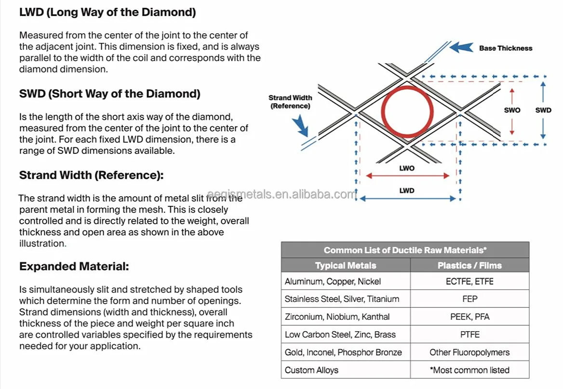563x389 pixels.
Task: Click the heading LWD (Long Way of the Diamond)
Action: pos(107,13)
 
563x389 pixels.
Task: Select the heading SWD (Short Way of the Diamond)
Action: pos(109,94)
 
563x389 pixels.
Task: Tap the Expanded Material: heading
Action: pos(74,267)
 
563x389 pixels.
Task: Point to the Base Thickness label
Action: pos(506,48)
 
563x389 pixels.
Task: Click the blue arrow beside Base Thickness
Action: pos(461,47)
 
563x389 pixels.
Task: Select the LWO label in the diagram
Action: pos(407,168)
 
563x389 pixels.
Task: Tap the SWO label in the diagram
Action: pos(512,110)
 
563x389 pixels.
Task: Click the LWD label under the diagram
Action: pos(407,190)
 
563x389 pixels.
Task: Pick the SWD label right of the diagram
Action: pos(543,110)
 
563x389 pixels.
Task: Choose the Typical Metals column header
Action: pos(346,266)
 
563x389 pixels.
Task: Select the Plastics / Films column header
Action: pos(469,266)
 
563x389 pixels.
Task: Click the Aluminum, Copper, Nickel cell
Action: pos(333,282)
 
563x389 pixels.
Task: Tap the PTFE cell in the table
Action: pos(469,335)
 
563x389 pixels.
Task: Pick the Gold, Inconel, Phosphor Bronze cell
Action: pos(343,352)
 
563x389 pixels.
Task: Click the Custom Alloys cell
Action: pos(311,370)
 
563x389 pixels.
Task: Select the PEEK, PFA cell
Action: pos(469,317)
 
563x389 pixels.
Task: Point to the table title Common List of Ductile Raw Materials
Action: pos(405,250)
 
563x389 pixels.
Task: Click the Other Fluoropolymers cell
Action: pos(469,352)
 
